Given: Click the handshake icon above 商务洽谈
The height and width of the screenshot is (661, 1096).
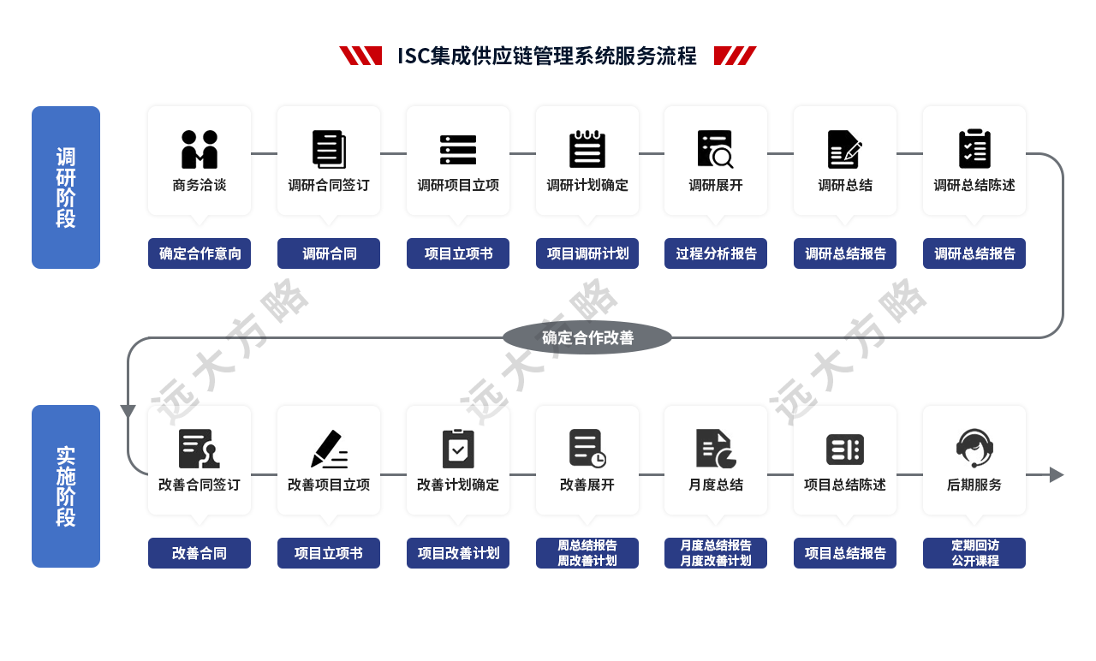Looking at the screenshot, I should click(200, 149).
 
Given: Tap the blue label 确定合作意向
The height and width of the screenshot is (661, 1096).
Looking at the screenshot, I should click(200, 253).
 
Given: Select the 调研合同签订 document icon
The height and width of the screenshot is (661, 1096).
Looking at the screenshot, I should click(329, 149).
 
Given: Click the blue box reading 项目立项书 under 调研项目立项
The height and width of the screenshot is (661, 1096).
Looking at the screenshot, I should click(458, 253).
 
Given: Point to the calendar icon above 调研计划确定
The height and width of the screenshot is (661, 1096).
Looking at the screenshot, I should click(587, 149).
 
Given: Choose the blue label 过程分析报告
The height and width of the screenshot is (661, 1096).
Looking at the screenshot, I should click(716, 253).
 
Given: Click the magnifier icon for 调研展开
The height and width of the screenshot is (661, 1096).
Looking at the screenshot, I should click(716, 149).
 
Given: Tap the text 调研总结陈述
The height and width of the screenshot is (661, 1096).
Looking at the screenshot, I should click(974, 185).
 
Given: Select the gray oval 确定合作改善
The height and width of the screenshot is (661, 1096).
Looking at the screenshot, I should click(587, 337).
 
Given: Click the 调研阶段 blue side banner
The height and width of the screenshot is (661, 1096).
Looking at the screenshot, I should click(66, 187).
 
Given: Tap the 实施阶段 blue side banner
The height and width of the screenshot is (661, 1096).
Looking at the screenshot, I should click(66, 485).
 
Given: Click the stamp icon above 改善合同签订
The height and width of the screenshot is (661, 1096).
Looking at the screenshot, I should click(200, 449).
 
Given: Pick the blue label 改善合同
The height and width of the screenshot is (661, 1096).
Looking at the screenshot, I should click(200, 553).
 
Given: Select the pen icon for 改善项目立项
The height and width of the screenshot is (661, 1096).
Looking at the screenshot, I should click(329, 449).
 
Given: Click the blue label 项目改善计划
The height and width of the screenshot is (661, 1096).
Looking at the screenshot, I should click(458, 553).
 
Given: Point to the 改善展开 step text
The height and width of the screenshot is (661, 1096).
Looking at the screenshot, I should click(587, 485).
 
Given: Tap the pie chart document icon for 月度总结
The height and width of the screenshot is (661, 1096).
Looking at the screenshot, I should click(716, 449).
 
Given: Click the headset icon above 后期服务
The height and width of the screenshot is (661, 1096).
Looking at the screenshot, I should click(974, 448).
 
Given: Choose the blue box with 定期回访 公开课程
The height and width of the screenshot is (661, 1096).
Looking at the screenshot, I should click(974, 553).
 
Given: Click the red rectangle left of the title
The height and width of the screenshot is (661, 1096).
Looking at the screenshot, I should click(360, 56).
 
